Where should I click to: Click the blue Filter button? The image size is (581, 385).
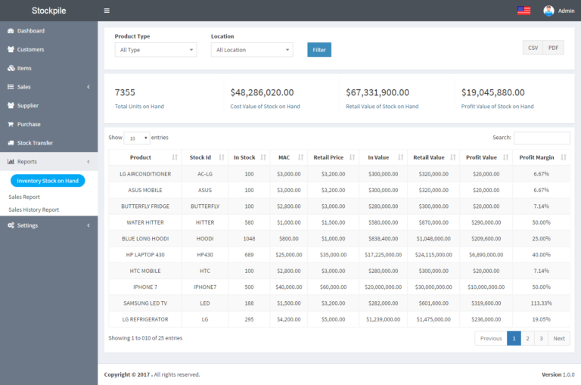point(319,50)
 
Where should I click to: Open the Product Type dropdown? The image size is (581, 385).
point(155,50)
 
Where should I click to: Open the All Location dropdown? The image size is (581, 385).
point(251,50)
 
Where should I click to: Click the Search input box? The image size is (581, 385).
point(542,138)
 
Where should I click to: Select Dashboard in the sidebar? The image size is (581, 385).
point(31,31)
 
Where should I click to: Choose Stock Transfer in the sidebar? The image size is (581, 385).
point(35,143)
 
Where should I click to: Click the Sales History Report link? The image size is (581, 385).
point(33,210)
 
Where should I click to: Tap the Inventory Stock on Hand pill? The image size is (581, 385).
point(48,181)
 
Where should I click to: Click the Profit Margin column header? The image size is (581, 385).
point(536,157)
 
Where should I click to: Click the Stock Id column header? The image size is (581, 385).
point(200,157)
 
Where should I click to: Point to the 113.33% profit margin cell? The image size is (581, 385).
point(541,303)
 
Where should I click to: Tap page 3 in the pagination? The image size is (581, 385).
point(541,338)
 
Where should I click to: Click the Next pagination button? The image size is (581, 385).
point(559,338)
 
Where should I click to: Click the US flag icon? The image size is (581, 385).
point(524,11)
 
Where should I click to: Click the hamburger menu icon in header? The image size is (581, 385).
point(107,11)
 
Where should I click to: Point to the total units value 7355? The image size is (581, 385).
point(125,92)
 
